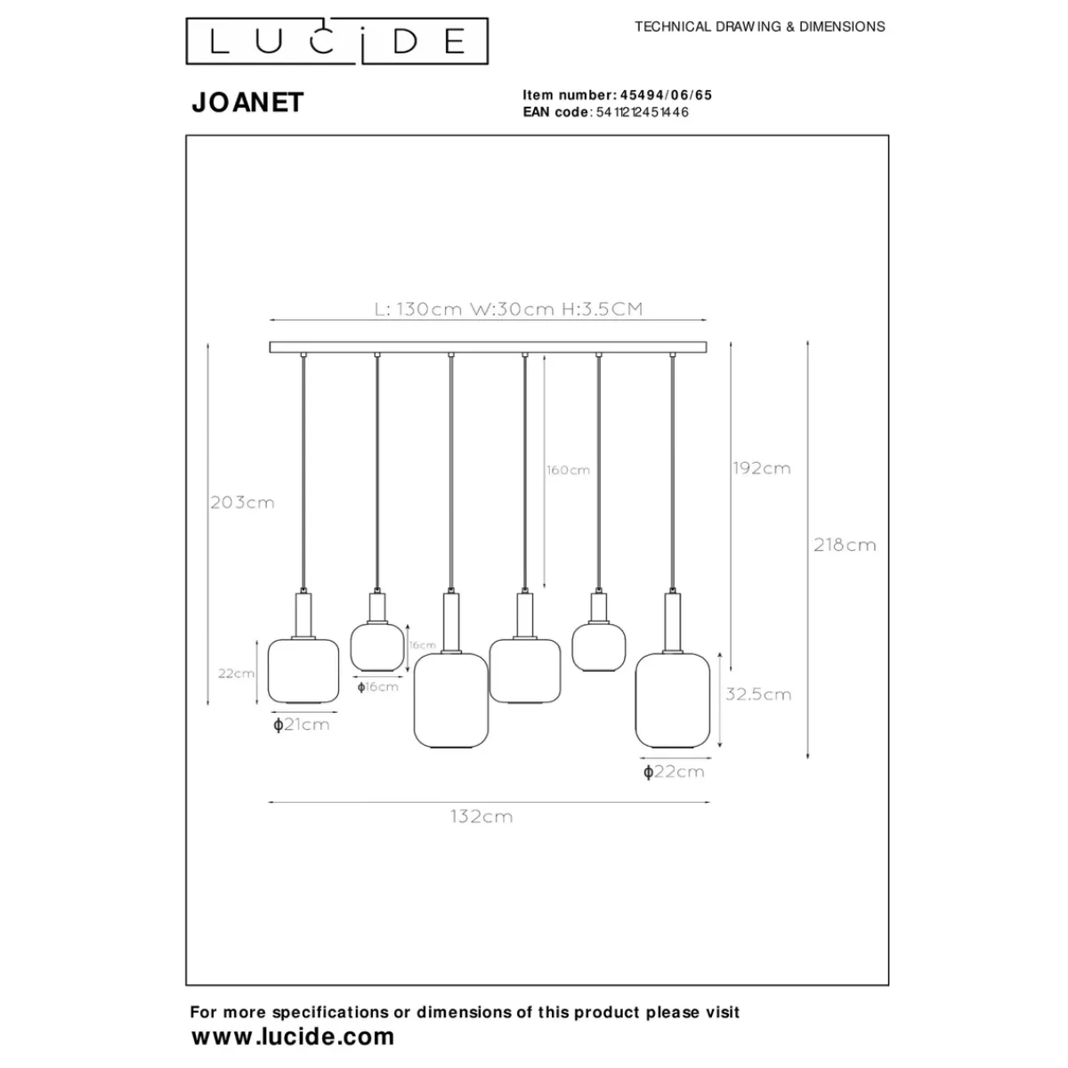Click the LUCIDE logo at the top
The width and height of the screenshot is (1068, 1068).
(x=336, y=41)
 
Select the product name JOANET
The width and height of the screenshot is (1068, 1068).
(x=247, y=103)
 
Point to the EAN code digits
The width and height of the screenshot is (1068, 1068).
(x=643, y=112)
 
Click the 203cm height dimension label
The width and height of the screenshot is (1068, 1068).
(x=242, y=503)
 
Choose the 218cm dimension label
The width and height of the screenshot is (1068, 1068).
(x=845, y=545)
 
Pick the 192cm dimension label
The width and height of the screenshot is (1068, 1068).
(x=761, y=468)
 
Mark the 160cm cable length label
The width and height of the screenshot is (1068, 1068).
(x=568, y=470)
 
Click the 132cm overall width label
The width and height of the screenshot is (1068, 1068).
(x=481, y=816)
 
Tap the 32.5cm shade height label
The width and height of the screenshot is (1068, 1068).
(x=757, y=694)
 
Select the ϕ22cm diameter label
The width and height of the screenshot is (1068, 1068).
(x=674, y=772)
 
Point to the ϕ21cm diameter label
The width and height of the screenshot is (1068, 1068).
(x=302, y=724)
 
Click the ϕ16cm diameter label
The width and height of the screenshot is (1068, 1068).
(x=377, y=686)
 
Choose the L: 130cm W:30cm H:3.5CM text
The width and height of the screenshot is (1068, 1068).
(x=508, y=310)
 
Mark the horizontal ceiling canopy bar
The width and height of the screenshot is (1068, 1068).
(x=488, y=346)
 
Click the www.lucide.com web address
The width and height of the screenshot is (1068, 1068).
(x=293, y=1036)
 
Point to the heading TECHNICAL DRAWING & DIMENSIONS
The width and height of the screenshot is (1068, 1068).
(x=759, y=27)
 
